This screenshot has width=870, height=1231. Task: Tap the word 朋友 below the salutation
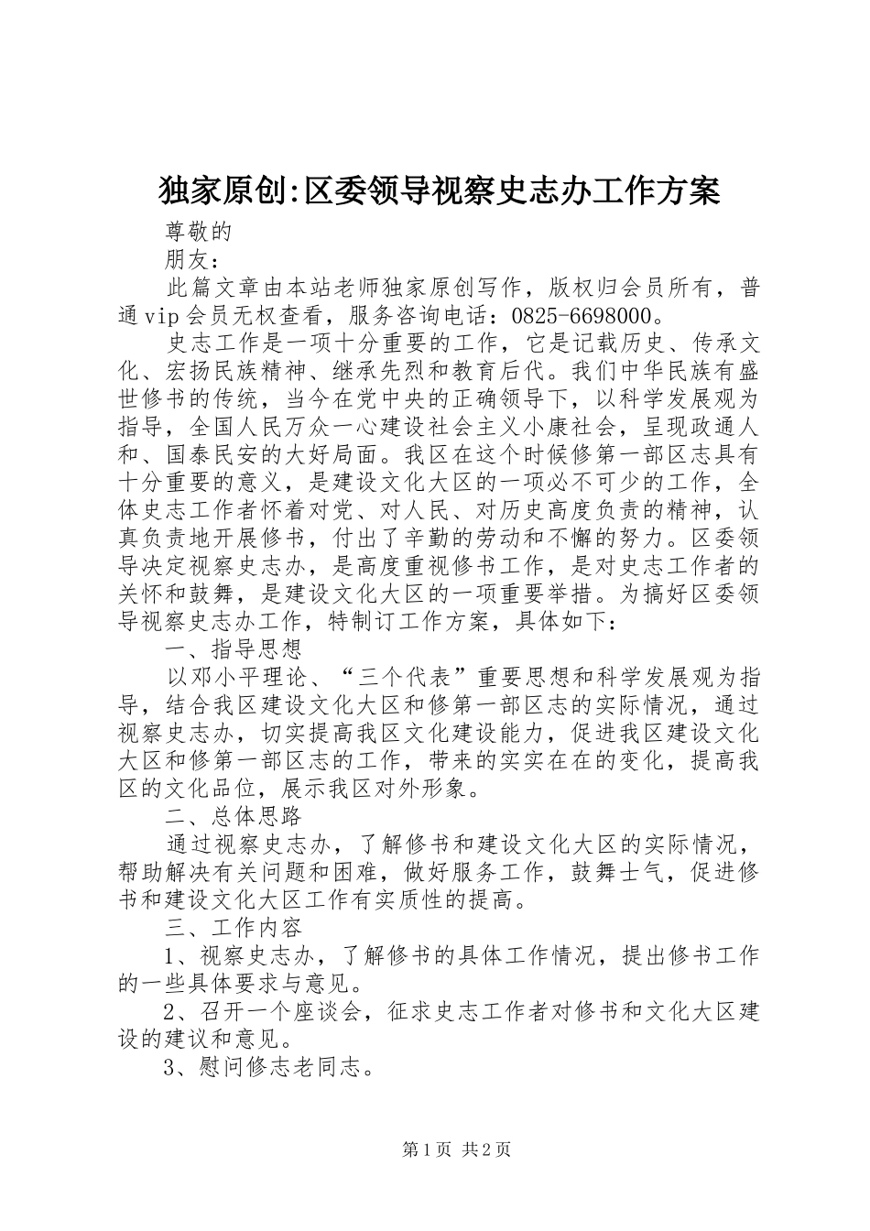[187, 260]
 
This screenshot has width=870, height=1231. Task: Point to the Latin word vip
[165, 316]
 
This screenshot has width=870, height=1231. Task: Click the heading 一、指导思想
[233, 649]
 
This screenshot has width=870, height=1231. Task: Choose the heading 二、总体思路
[233, 816]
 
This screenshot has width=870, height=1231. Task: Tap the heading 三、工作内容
[233, 927]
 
